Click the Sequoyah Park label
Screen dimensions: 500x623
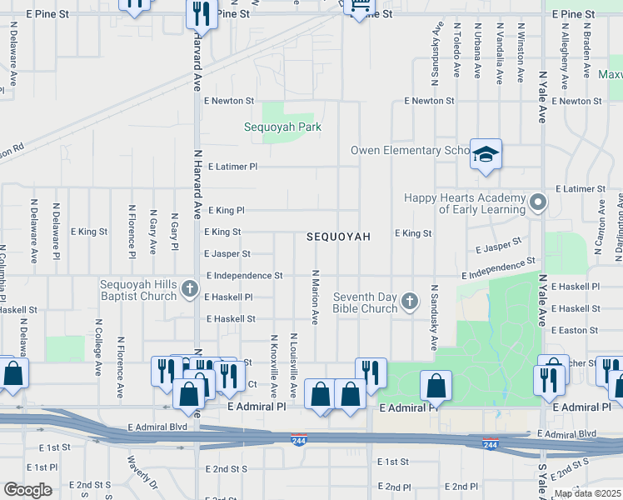(x=282, y=127)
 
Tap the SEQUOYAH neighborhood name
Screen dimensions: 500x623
(x=338, y=237)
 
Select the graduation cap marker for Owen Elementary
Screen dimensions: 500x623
(x=486, y=155)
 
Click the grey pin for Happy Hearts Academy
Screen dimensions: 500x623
(x=538, y=202)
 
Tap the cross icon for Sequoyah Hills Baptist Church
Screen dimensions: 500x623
(x=190, y=290)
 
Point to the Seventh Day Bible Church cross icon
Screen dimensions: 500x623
(x=409, y=302)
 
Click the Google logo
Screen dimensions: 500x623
(x=27, y=490)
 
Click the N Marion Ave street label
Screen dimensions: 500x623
(x=315, y=297)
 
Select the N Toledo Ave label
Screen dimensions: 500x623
(x=456, y=51)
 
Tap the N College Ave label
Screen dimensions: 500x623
(x=98, y=346)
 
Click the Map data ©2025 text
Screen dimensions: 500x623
(x=588, y=493)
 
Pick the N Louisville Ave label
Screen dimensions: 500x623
(x=293, y=366)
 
